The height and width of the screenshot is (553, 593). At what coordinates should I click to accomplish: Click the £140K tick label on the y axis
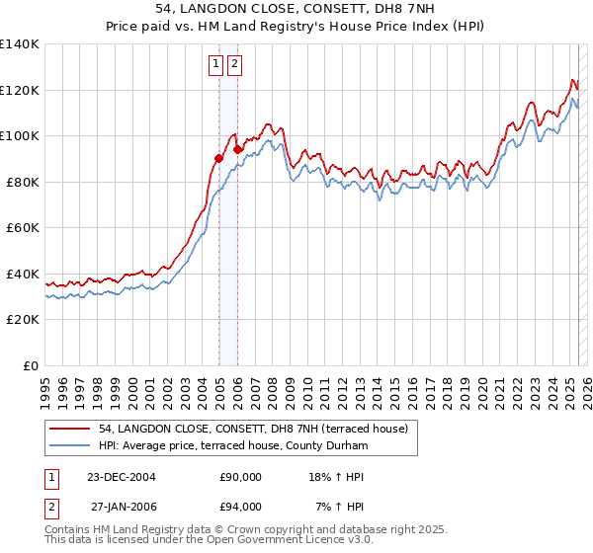click(20, 44)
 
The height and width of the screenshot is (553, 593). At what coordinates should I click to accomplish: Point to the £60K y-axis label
click(23, 228)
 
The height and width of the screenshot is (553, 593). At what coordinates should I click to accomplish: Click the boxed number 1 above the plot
click(215, 65)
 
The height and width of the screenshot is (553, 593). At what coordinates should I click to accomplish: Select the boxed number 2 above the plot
click(234, 65)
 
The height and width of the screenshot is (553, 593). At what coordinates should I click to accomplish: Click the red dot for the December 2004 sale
click(218, 158)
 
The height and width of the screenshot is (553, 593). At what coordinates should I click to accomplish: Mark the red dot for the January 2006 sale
click(238, 149)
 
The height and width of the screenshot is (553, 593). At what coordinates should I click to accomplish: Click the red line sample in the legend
click(71, 428)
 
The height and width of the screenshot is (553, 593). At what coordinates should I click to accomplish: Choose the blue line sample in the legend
click(71, 446)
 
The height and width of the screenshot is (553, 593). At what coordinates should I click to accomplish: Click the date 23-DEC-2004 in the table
click(122, 477)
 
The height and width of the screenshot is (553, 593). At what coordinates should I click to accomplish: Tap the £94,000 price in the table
click(240, 507)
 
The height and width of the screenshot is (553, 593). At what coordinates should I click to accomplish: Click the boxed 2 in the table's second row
click(49, 507)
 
